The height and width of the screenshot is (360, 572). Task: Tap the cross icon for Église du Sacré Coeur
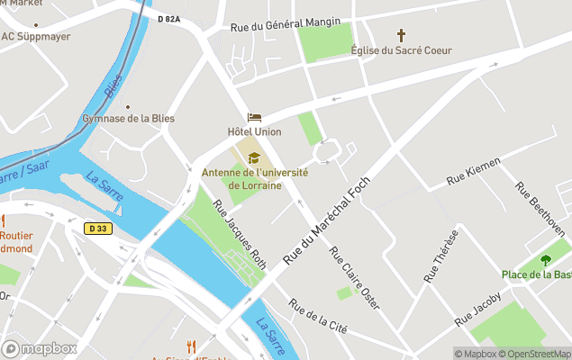(401, 36)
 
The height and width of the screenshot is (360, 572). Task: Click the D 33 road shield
(98, 229)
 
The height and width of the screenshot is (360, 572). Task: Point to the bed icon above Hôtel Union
(254, 118)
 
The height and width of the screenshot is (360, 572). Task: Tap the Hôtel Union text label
(254, 132)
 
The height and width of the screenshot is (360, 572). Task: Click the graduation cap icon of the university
(254, 158)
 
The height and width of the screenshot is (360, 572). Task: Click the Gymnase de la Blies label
(128, 119)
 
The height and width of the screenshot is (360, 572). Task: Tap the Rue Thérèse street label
(441, 256)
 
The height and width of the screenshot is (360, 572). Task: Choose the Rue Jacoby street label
(477, 308)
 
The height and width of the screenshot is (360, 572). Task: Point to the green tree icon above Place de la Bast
(545, 260)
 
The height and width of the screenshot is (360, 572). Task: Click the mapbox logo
(41, 348)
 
